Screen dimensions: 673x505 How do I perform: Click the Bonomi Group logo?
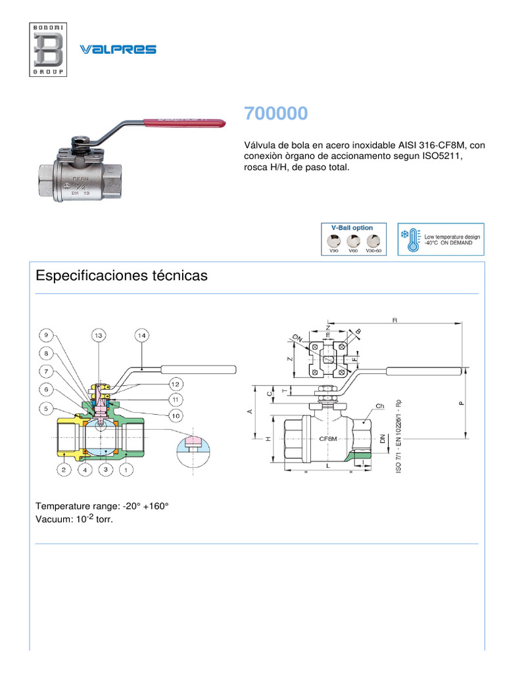tap(48, 49)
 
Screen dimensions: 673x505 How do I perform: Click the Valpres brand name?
tap(118, 49)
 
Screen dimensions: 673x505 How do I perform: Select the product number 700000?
tap(276, 114)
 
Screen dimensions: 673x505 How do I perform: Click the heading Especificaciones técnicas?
tap(122, 276)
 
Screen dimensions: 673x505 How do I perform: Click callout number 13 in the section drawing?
tap(99, 335)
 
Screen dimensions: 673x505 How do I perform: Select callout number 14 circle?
tap(141, 335)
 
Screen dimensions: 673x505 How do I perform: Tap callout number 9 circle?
tap(47, 335)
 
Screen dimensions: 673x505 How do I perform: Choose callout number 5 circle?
tap(47, 409)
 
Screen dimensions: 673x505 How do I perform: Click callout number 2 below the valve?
tap(64, 469)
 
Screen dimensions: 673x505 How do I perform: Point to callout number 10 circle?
tap(176, 415)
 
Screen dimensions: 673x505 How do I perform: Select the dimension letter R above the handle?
tap(395, 320)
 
